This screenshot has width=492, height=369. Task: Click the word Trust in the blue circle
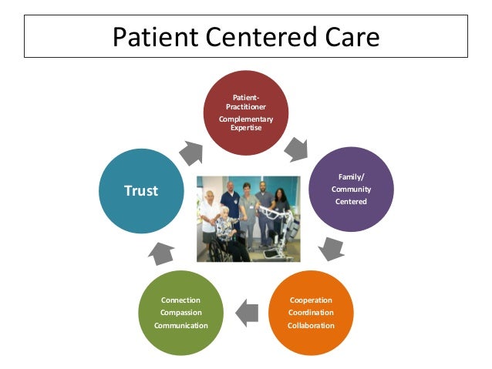[x=141, y=190]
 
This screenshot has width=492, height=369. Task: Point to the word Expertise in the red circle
[x=245, y=127]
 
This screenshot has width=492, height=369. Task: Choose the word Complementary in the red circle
[x=245, y=119]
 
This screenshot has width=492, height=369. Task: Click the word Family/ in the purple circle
[x=352, y=177]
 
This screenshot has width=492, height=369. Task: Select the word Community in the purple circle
[x=352, y=190]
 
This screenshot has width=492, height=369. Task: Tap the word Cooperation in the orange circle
[x=312, y=300]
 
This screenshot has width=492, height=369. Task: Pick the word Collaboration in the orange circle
[x=312, y=325]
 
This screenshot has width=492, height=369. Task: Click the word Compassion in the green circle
[x=180, y=312]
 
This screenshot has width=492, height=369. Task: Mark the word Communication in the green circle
[x=180, y=325]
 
